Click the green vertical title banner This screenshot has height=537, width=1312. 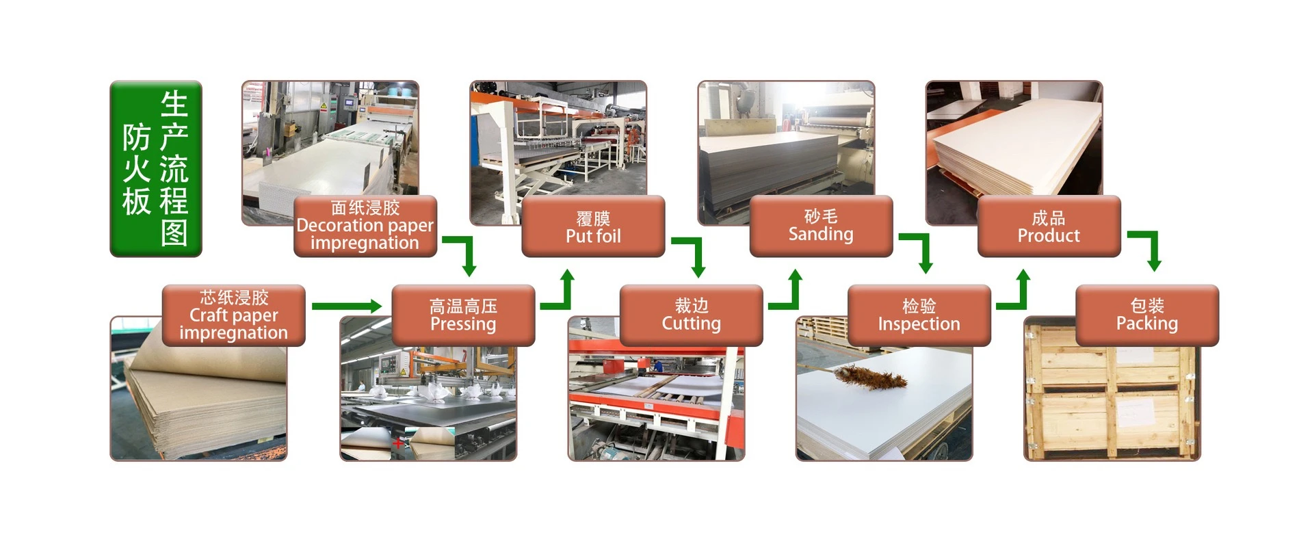[x=156, y=168]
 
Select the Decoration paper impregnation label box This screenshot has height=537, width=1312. [x=365, y=226]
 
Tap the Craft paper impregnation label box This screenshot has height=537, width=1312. [x=233, y=315]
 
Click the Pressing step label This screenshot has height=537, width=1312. [x=463, y=315]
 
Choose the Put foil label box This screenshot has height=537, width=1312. [x=593, y=226]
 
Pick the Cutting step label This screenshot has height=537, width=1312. [x=691, y=315]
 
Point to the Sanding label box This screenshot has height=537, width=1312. [x=821, y=226]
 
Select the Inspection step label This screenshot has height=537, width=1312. [x=919, y=315]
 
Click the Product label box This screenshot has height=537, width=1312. [x=1049, y=226]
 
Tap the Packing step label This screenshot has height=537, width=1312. [x=1147, y=315]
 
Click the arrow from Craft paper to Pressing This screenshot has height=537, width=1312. [x=346, y=306]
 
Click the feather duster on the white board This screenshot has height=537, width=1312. [x=869, y=376]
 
